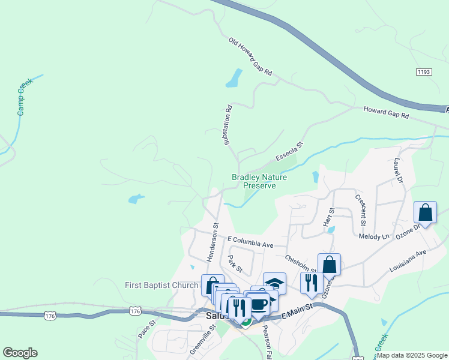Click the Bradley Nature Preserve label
tap(259, 181)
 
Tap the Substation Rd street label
tap(228, 125)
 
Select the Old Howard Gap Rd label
tap(250, 57)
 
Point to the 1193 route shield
tap(423, 71)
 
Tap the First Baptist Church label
tap(161, 285)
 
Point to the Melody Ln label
tap(374, 237)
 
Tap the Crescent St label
tap(361, 210)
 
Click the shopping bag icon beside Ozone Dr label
tap(426, 213)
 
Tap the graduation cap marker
tap(274, 283)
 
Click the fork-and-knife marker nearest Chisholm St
tap(311, 283)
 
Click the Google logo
tap(20, 353)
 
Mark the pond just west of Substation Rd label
tap(233, 77)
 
